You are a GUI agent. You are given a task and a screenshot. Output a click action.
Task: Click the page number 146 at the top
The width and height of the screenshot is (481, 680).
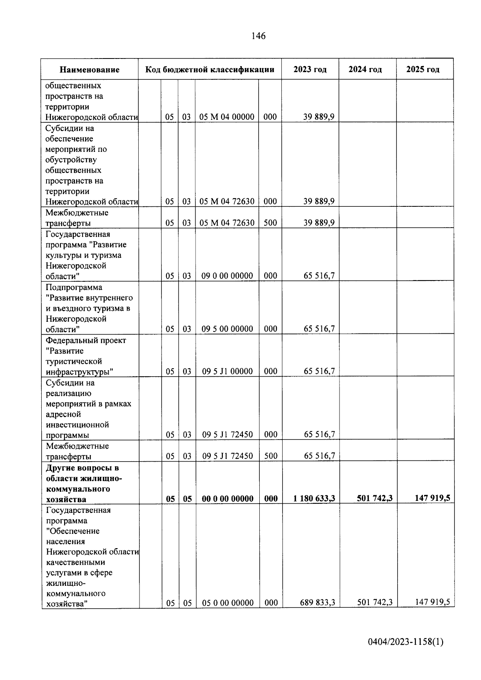258,36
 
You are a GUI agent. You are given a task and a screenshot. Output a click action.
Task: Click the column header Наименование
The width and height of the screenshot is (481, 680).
89,70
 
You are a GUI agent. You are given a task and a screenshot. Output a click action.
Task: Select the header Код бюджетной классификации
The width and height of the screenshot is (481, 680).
210,69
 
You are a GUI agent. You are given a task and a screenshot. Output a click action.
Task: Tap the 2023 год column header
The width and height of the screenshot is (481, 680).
310,69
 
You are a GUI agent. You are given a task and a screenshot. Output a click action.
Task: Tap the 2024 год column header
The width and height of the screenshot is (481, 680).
365,69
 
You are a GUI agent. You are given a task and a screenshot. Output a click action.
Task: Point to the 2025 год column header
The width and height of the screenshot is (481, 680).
422,69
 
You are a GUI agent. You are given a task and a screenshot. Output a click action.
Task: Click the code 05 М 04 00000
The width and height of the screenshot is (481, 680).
227,117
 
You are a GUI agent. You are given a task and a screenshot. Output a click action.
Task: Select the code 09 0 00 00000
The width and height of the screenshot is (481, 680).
227,276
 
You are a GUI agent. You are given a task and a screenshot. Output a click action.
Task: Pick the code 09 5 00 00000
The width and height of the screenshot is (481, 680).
227,329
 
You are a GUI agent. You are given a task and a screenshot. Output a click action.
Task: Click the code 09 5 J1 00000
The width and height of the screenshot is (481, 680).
227,371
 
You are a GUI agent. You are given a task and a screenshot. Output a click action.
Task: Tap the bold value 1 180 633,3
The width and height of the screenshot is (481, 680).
314,499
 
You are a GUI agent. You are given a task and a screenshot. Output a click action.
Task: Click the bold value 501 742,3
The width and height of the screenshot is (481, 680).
375,498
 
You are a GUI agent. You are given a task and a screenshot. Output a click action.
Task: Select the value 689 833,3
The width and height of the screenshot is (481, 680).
317,603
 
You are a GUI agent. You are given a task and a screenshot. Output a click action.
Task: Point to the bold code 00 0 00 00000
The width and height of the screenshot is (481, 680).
227,499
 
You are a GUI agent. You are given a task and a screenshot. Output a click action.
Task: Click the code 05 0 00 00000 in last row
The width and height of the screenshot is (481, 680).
228,603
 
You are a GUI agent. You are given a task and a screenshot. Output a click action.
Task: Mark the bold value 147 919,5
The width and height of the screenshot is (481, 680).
432,498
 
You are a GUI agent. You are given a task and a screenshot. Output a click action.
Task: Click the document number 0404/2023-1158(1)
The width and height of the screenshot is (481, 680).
406,642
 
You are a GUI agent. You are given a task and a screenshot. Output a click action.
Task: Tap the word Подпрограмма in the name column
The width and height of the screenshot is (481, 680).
74,287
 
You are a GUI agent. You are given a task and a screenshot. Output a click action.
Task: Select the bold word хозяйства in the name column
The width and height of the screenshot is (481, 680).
66,499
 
